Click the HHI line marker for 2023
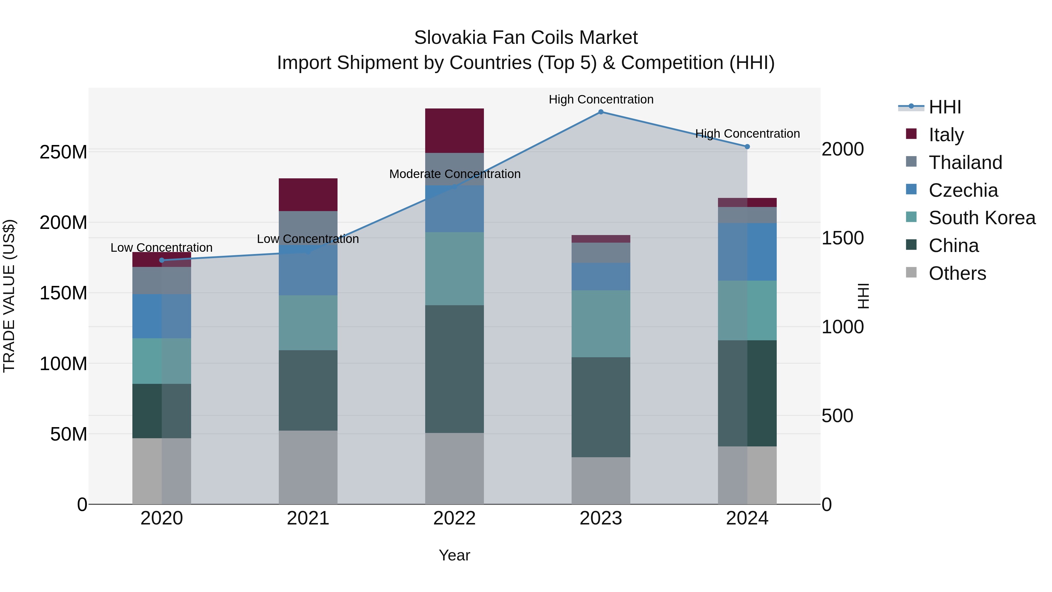coord(601,112)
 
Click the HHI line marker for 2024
coord(747,147)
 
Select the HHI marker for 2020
coord(162,260)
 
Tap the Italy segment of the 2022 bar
coord(454,131)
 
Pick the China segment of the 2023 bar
coord(601,407)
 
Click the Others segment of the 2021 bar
coord(308,467)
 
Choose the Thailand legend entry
coord(965,163)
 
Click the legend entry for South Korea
coord(982,218)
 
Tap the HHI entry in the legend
coord(944,107)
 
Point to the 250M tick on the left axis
coord(63,152)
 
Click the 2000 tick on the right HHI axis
coord(842,149)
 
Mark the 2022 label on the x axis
coord(454,518)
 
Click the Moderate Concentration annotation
coord(454,174)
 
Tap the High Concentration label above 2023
coord(601,100)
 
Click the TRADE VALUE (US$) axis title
coord(9,296)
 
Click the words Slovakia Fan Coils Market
coord(526,38)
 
